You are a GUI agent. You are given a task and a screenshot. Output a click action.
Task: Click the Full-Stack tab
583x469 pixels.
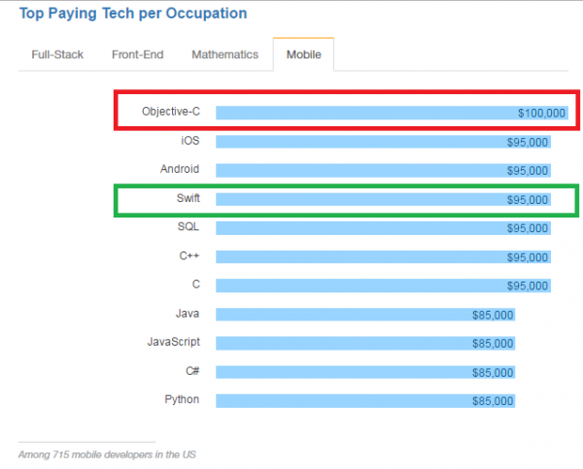point(58,54)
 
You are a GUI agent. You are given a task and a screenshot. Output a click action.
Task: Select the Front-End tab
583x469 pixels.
point(137,54)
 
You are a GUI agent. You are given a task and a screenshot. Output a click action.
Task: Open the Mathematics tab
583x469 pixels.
point(224,54)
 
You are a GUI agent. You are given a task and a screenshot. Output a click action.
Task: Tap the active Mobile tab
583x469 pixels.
point(304,54)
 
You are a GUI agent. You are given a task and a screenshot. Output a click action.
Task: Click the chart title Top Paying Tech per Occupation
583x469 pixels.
point(132,14)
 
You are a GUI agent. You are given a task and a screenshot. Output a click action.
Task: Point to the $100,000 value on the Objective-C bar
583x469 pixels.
point(541,114)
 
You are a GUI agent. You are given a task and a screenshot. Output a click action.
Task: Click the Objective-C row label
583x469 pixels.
point(170,112)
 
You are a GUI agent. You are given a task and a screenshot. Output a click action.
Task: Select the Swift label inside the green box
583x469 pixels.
point(187,199)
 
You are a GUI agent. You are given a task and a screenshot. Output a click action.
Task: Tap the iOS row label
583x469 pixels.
point(189,141)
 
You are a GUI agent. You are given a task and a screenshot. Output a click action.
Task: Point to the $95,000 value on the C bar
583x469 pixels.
point(528,286)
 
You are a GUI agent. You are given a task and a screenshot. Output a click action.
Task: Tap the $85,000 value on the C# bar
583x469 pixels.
point(493,373)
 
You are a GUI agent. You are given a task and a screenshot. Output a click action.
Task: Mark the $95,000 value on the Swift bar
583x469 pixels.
point(528,200)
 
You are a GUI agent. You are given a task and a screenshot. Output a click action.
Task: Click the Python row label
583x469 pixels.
point(182,399)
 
